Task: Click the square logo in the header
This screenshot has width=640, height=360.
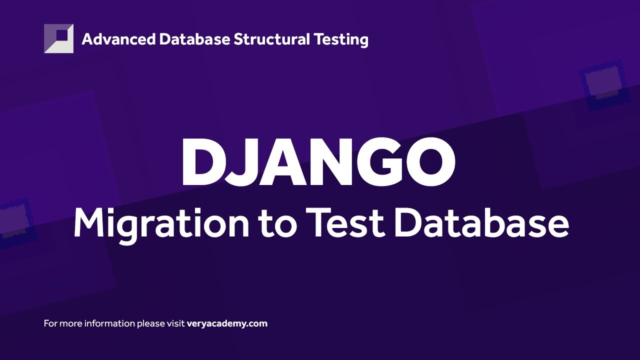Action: pyautogui.click(x=58, y=38)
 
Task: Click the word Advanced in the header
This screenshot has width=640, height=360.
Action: pyautogui.click(x=118, y=39)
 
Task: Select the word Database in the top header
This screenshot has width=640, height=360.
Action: pyautogui.click(x=195, y=39)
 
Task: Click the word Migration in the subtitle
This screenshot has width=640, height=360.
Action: pyautogui.click(x=160, y=223)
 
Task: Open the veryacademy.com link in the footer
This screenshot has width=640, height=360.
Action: pyautogui.click(x=227, y=323)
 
